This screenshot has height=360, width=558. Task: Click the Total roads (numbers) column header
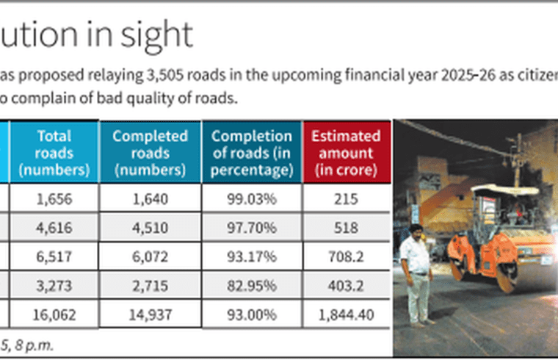54,153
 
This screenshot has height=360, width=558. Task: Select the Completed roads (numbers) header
150,153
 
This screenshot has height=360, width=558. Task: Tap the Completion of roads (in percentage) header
251,153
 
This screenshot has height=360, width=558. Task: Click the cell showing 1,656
54,199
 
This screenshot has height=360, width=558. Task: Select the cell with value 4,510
150,228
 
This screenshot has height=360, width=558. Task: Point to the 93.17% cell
251,257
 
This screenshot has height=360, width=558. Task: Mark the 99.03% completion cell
251,199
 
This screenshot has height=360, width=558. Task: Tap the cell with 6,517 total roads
54,257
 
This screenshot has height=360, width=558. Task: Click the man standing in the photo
417,272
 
